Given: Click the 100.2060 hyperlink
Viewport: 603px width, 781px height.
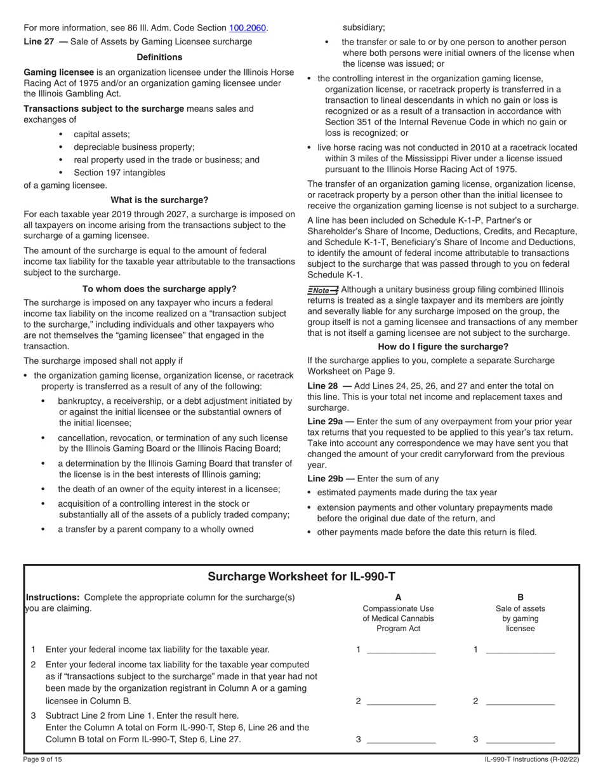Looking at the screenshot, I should pyautogui.click(x=248, y=28).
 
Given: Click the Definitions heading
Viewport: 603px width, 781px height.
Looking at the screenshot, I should pyautogui.click(x=159, y=57).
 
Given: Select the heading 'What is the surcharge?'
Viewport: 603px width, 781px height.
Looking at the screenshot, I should pyautogui.click(x=159, y=199).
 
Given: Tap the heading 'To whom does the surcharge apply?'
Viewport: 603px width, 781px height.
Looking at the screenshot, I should pyautogui.click(x=159, y=288).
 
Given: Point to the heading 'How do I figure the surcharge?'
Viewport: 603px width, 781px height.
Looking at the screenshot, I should pyautogui.click(x=443, y=347).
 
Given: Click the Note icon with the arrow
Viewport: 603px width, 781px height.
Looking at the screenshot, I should pyautogui.click(x=322, y=290).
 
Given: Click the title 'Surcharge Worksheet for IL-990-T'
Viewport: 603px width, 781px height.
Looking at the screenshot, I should pyautogui.click(x=301, y=577).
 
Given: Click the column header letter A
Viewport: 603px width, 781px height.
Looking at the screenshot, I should pyautogui.click(x=398, y=597).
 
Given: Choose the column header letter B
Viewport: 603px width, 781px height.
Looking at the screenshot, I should pyautogui.click(x=520, y=597).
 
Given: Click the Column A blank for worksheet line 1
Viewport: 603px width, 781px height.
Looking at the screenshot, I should pyautogui.click(x=401, y=649).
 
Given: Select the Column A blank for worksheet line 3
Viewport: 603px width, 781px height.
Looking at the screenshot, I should pyautogui.click(x=401, y=739).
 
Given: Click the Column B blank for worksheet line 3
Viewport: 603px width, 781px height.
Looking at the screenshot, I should pyautogui.click(x=520, y=739).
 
